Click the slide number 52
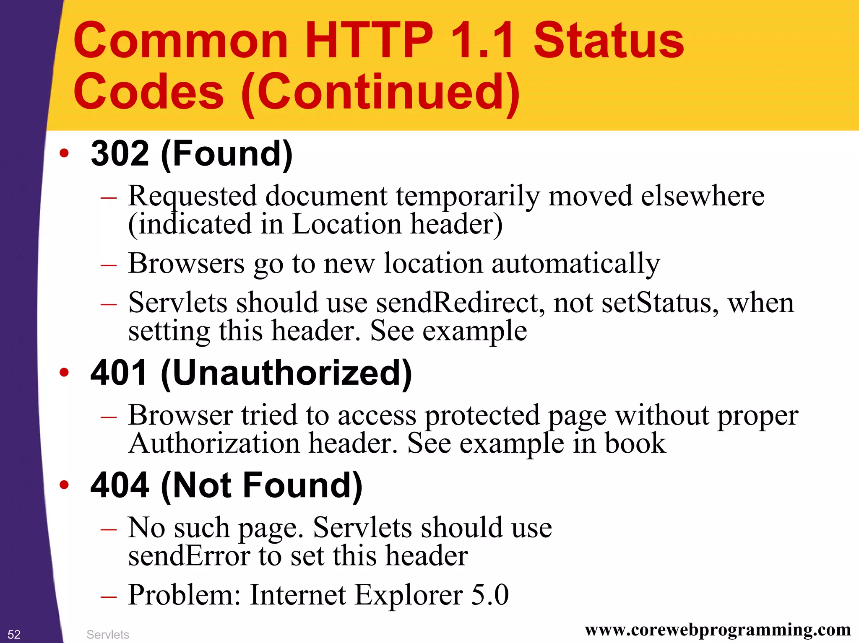coord(14,634)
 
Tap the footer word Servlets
coord(108,635)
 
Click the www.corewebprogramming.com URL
coord(718,629)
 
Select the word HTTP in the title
coord(369,41)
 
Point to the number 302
coord(120,153)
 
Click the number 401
coord(119,373)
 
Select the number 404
coord(120,485)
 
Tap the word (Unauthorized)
coord(286,373)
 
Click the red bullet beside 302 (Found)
coord(64,153)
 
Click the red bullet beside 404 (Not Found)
coord(64,485)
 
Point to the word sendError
coord(189,556)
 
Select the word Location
coord(346,224)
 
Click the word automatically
coord(576,264)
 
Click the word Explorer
coord(409,595)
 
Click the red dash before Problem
coord(108,595)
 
